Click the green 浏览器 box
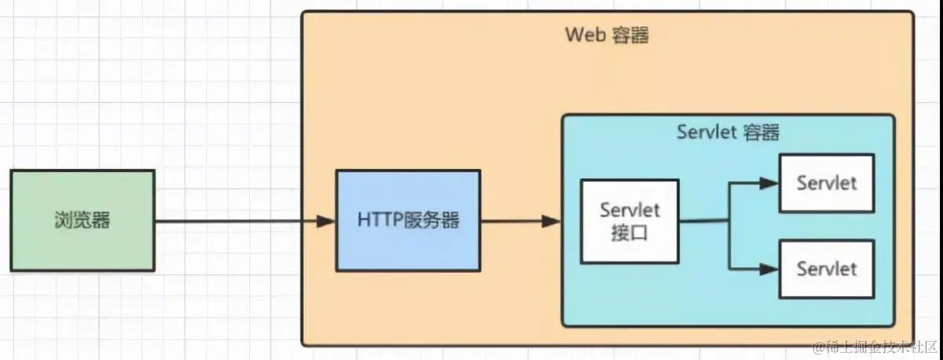pos(83,221)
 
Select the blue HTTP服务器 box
pos(408,221)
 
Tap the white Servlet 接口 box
pos(629,221)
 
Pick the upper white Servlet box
pos(826,183)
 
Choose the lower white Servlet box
pos(826,269)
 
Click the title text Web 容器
pos(607,35)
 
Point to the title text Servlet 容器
pos(728,132)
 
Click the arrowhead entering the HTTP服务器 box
pos(327,222)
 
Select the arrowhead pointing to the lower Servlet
pos(770,269)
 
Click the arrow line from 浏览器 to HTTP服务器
pos(236,222)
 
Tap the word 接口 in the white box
pos(629,233)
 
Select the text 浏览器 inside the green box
pos(83,221)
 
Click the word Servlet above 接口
pos(629,210)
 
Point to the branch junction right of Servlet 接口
pos(730,222)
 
